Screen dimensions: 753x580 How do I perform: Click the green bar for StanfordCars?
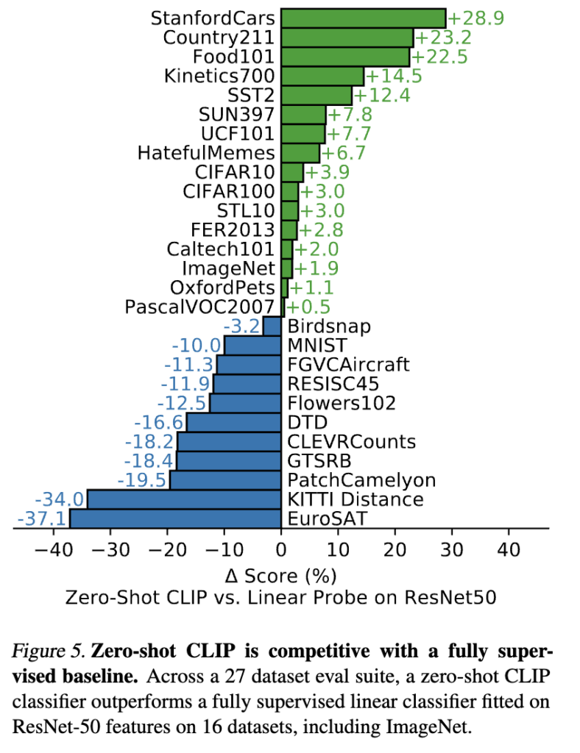pos(364,18)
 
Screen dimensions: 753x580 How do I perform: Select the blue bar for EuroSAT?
pos(175,518)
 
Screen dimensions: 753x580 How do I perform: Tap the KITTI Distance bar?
pos(184,499)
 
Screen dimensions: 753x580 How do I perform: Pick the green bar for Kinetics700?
pos(322,76)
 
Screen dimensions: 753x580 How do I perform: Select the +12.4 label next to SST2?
pos(382,95)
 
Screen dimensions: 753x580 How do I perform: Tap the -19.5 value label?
pos(143,480)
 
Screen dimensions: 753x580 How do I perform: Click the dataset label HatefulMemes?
pos(206,153)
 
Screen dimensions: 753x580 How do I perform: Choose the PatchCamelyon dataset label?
pos(361,480)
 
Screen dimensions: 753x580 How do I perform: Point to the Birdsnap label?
pos(329,326)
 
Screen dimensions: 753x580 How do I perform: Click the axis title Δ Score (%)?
pos(282,574)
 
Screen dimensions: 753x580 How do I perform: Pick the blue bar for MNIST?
pos(252,345)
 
